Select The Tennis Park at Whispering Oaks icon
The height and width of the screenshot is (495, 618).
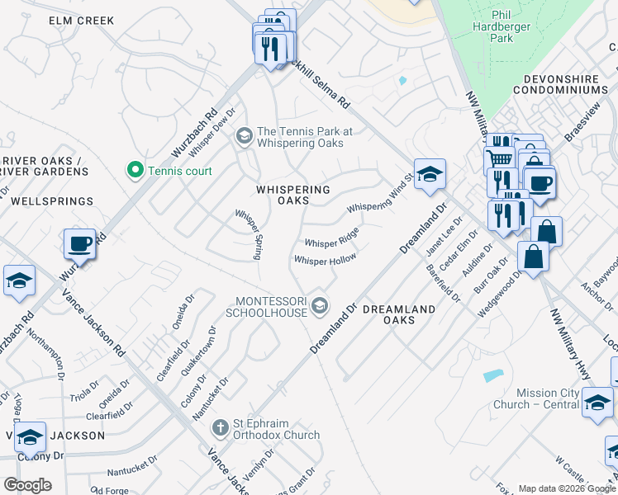click(x=244, y=136)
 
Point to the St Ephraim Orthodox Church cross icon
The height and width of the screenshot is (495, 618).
click(x=219, y=427)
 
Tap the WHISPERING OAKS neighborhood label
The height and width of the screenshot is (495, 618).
click(x=292, y=195)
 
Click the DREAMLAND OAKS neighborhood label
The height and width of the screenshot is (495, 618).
click(x=399, y=314)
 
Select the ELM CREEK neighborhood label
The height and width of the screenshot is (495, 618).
click(x=82, y=21)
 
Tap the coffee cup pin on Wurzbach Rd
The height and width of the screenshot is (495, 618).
click(x=80, y=244)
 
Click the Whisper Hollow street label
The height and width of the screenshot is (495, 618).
click(x=326, y=260)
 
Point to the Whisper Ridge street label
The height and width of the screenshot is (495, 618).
click(x=332, y=238)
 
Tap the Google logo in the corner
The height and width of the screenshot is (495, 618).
click(x=27, y=485)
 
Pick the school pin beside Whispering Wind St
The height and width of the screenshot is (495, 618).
click(x=430, y=174)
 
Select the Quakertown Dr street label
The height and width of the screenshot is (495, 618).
click(x=202, y=351)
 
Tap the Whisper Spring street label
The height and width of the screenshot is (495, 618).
click(x=249, y=235)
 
